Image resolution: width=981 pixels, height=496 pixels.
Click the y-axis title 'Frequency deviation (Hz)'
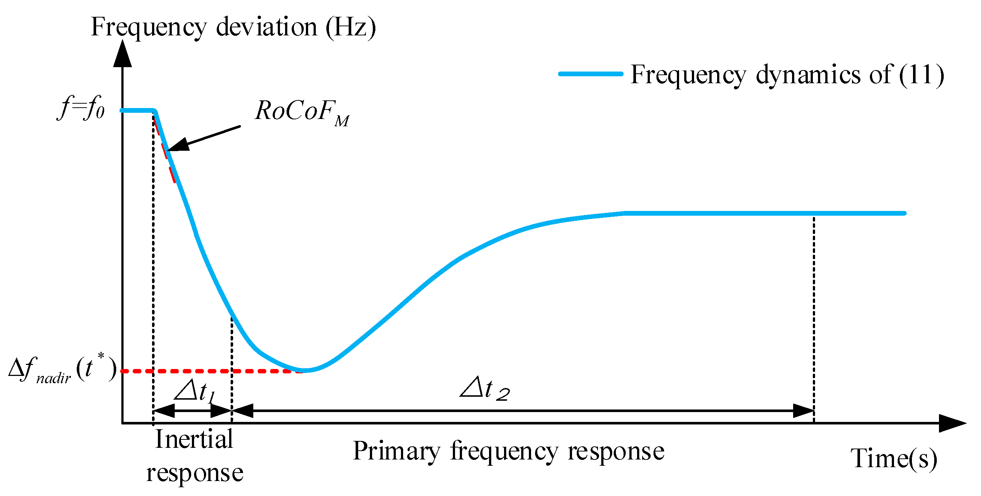[x=233, y=27]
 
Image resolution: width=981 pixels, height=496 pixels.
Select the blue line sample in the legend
[x=590, y=74]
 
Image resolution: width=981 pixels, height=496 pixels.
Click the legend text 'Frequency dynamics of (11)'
[x=787, y=75]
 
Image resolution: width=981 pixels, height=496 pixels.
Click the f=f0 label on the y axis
[x=81, y=108]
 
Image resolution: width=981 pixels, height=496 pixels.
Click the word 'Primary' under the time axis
[x=396, y=451]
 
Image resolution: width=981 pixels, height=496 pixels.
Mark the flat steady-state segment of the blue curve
[x=762, y=214]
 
